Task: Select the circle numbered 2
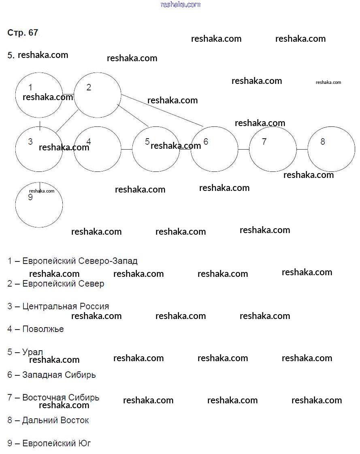[98, 95]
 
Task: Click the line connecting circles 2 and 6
[162, 110]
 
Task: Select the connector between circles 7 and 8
[302, 150]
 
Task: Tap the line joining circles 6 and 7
[243, 150]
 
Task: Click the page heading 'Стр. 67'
[23, 33]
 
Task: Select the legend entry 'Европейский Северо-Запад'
[80, 261]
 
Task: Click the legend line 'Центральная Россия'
[66, 306]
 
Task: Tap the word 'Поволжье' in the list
[43, 329]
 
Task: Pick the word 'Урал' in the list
[32, 352]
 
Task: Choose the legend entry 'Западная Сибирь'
[59, 375]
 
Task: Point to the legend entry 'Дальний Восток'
[55, 420]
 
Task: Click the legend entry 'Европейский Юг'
[56, 443]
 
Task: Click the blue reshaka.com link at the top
[180, 4]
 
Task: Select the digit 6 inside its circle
[206, 141]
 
